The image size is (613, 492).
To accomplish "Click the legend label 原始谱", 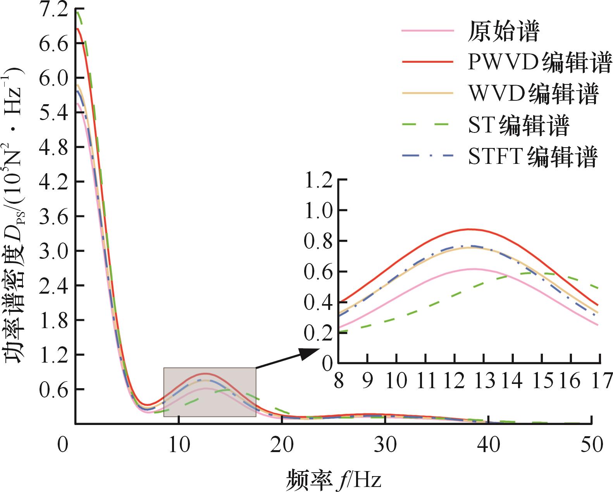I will click(503, 31).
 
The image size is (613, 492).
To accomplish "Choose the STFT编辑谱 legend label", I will click(533, 157).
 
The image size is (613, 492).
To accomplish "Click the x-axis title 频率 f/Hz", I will click(334, 479).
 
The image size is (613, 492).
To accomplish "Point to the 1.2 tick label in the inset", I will click(319, 180).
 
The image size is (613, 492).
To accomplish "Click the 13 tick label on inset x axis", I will click(484, 380).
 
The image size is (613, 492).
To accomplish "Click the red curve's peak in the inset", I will click(469, 229).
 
